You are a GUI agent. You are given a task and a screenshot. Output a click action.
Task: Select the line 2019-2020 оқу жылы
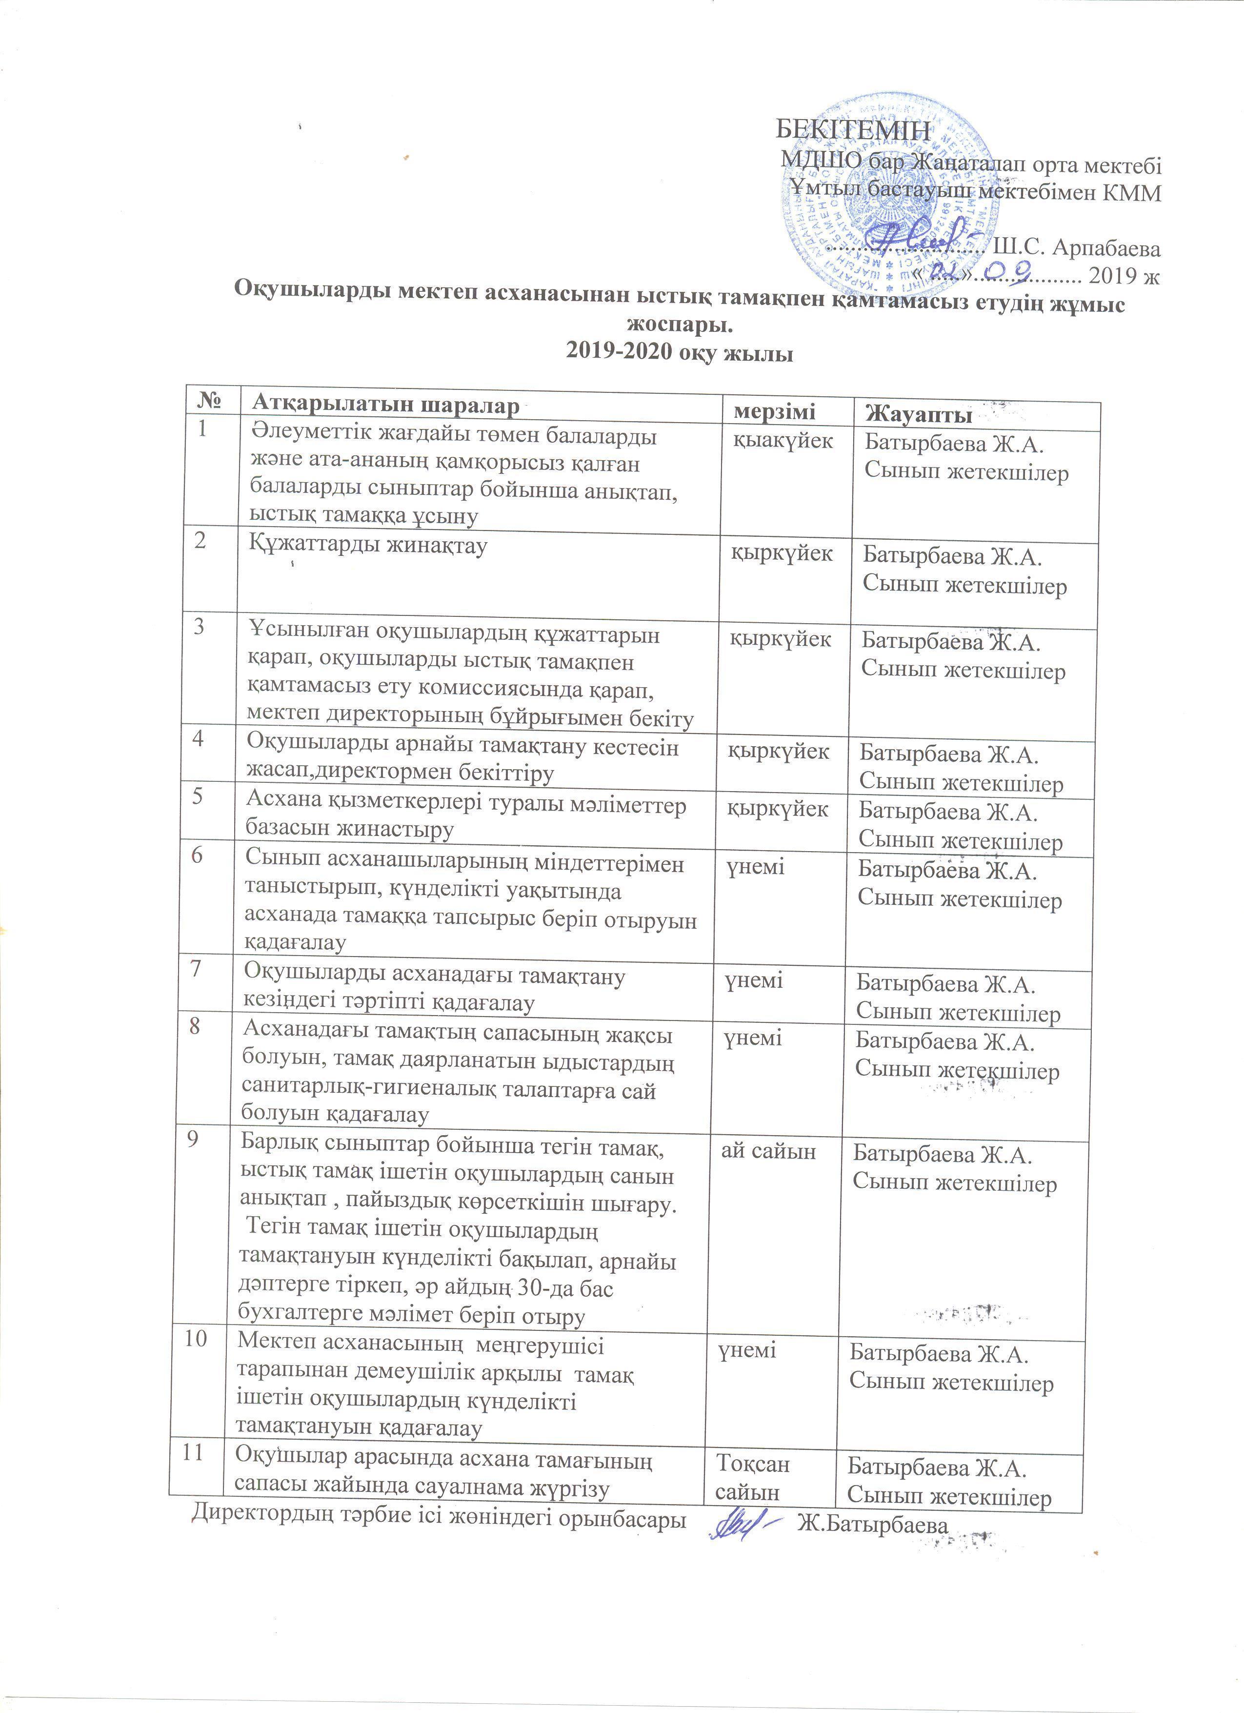pos(680,353)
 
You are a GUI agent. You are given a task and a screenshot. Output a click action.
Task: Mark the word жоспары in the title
pos(680,326)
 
